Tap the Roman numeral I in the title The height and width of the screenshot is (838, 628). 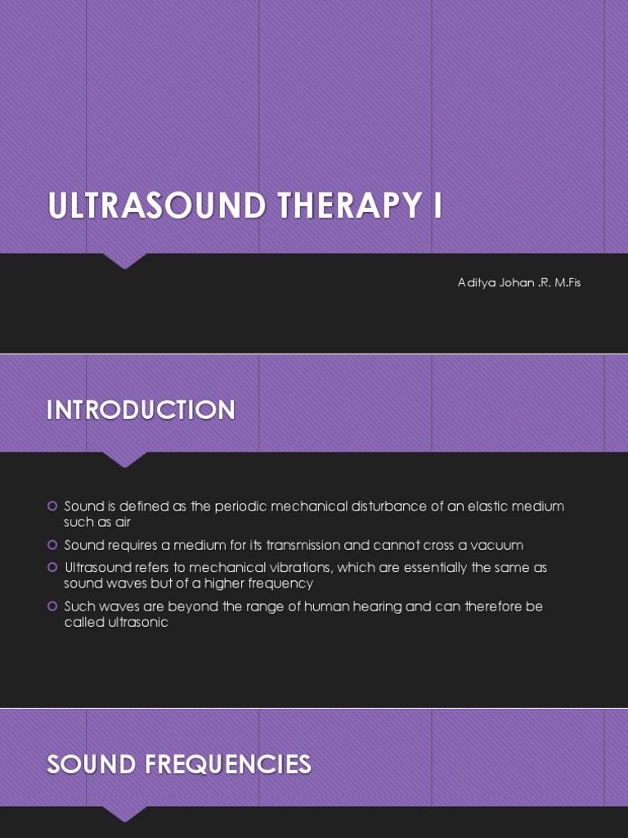coord(437,206)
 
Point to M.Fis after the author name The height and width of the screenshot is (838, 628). coord(563,283)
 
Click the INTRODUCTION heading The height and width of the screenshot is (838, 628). coord(141,410)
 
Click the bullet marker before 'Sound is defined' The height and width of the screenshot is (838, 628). coord(52,506)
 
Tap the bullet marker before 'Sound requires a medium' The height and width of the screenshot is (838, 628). coord(52,545)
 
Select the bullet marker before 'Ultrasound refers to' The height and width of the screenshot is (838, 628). coord(52,567)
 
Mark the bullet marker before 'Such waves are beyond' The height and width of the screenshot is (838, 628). coord(52,606)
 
